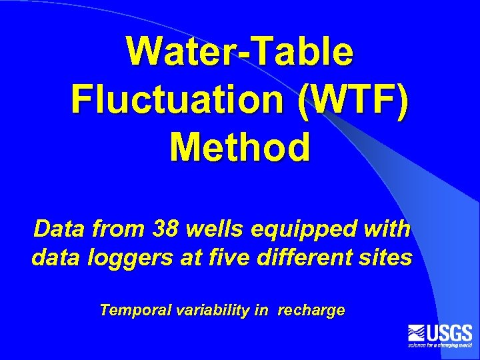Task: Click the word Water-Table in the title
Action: pyautogui.click(x=240, y=51)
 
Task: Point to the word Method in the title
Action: pyautogui.click(x=240, y=147)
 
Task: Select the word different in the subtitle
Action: pyautogui.click(x=303, y=257)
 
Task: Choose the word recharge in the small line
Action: pyautogui.click(x=311, y=311)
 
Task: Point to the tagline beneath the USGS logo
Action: pyautogui.click(x=440, y=345)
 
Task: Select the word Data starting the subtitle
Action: pyautogui.click(x=57, y=229)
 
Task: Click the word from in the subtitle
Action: pyautogui.click(x=119, y=229)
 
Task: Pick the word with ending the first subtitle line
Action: pyautogui.click(x=389, y=229)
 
